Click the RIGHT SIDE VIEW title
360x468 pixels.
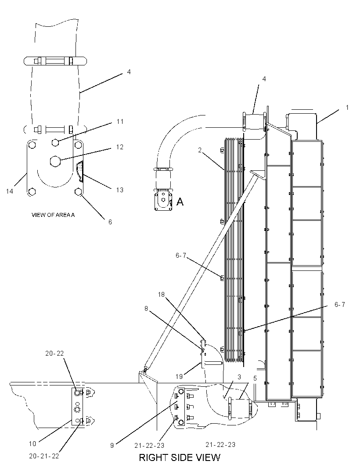pyautogui.click(x=180, y=457)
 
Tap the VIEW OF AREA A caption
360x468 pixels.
pyautogui.click(x=53, y=215)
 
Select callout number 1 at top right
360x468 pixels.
pyautogui.click(x=347, y=108)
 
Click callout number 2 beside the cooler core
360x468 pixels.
pyautogui.click(x=200, y=150)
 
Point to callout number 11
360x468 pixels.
pyautogui.click(x=120, y=122)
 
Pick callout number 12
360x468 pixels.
pyautogui.click(x=120, y=147)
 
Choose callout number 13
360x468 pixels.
pyautogui.click(x=120, y=190)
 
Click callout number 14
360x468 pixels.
pyautogui.click(x=10, y=191)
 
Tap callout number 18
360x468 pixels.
pyautogui.click(x=161, y=295)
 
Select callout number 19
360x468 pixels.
pyautogui.click(x=179, y=376)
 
